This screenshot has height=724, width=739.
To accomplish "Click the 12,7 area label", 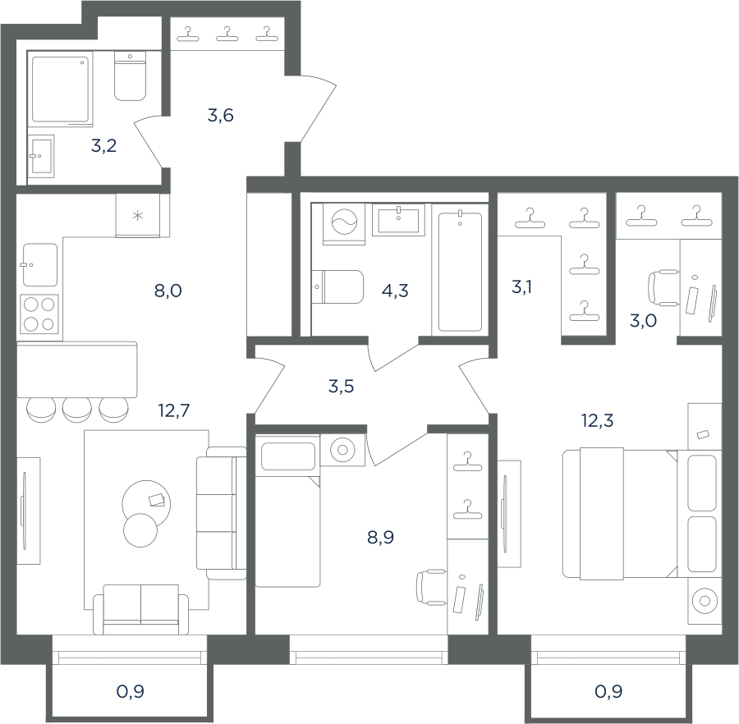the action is click(174, 410).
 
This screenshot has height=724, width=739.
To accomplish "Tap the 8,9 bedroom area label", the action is click(380, 537).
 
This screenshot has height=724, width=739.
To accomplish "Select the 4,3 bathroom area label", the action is click(395, 291).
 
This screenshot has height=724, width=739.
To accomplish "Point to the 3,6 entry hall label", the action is click(221, 116).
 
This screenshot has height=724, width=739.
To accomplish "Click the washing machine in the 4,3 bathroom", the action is click(344, 224).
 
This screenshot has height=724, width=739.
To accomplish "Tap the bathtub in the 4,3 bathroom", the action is click(460, 272).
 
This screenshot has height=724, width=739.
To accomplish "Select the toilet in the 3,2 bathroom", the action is click(130, 76).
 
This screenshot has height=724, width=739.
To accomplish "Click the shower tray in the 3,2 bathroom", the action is click(60, 89).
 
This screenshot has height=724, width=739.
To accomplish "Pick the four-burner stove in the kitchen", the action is click(39, 314).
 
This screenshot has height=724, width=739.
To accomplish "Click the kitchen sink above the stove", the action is click(40, 265).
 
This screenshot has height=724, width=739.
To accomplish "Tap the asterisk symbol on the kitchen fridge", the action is click(138, 216).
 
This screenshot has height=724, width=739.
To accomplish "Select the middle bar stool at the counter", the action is click(77, 410).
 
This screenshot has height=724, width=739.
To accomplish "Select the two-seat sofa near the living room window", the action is click(141, 609).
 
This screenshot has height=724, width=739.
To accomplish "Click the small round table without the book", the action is click(140, 530).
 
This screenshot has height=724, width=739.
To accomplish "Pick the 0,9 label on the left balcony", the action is click(130, 691).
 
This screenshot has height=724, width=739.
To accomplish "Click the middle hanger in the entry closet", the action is click(227, 34).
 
